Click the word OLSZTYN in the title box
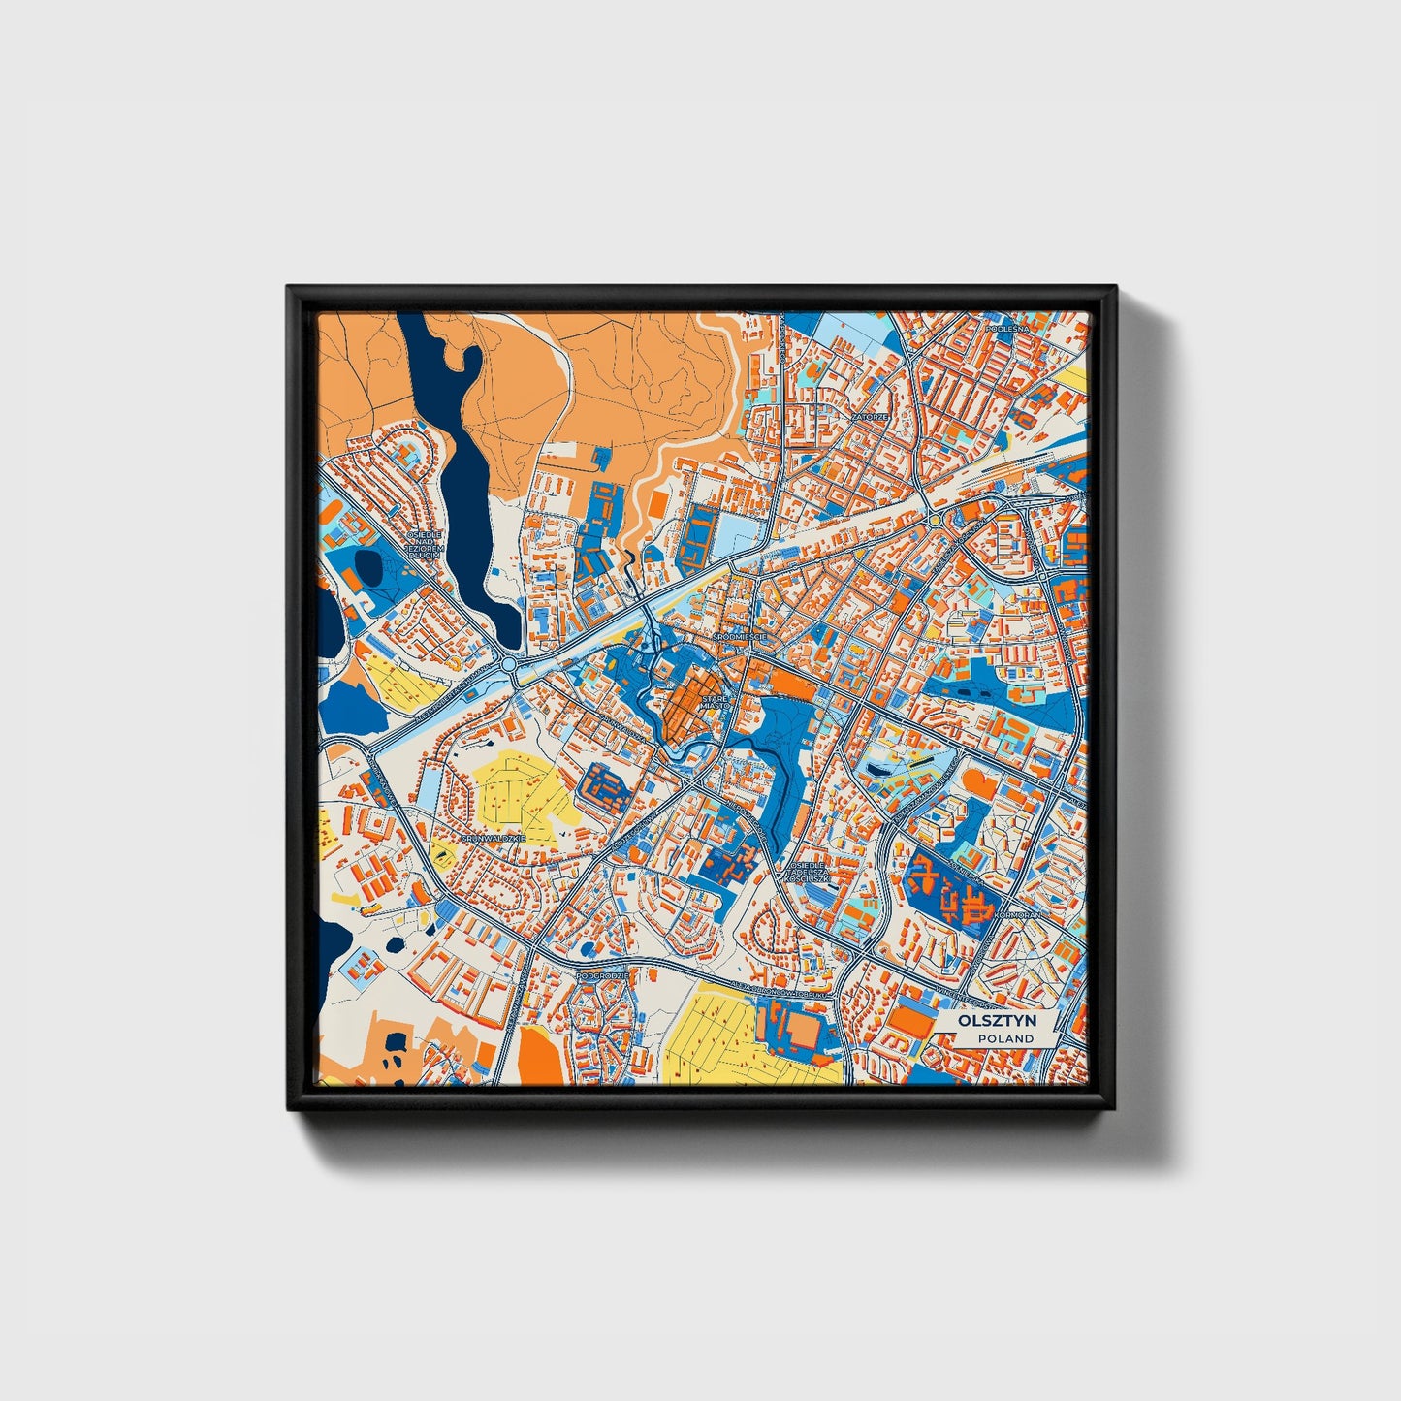coord(997,1021)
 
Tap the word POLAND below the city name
coord(1005,1038)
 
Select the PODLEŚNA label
coord(1005,330)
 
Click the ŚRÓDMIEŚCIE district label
coord(740,636)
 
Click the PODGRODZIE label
coord(601,975)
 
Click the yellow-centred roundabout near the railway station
coord(934,521)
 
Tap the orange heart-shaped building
coord(983,783)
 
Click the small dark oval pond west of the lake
coord(367,565)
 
